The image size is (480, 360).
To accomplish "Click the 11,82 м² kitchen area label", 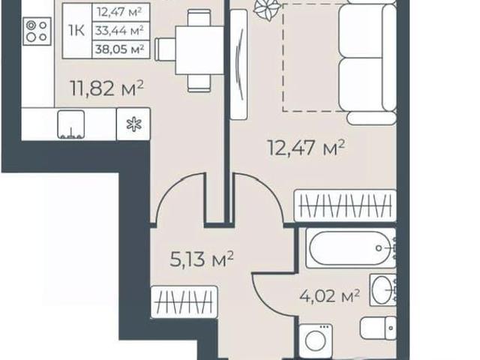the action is coord(106,88).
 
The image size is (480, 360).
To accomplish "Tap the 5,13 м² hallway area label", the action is coord(202,259).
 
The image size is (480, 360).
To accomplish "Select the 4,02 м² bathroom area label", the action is coord(330,296).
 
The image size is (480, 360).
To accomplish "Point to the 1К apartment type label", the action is coord(76,31).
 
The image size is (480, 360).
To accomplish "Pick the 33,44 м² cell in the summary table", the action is coord(119,31).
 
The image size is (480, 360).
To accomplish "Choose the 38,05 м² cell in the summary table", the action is coord(120,49).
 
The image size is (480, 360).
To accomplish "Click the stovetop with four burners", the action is coord(37,31).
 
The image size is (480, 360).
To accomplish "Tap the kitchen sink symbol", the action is coord(71,124).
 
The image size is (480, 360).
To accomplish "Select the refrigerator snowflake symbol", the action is coord(134,124).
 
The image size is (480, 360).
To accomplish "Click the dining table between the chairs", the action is coord(199,50).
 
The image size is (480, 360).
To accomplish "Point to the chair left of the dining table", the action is coord(165,49).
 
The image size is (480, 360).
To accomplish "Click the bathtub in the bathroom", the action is coord(350,248).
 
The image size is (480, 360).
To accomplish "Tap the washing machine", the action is coord(316,340).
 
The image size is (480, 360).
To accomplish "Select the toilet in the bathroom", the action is coord(378,328).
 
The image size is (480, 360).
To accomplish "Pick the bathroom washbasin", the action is coord(382,290).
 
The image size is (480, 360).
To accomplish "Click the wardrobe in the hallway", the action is coord(184,302).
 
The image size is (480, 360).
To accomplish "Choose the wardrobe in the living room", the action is coord(345,205).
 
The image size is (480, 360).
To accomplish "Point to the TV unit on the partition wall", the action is coord(238,64).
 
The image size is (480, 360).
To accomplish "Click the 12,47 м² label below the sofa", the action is coord(306,148).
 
